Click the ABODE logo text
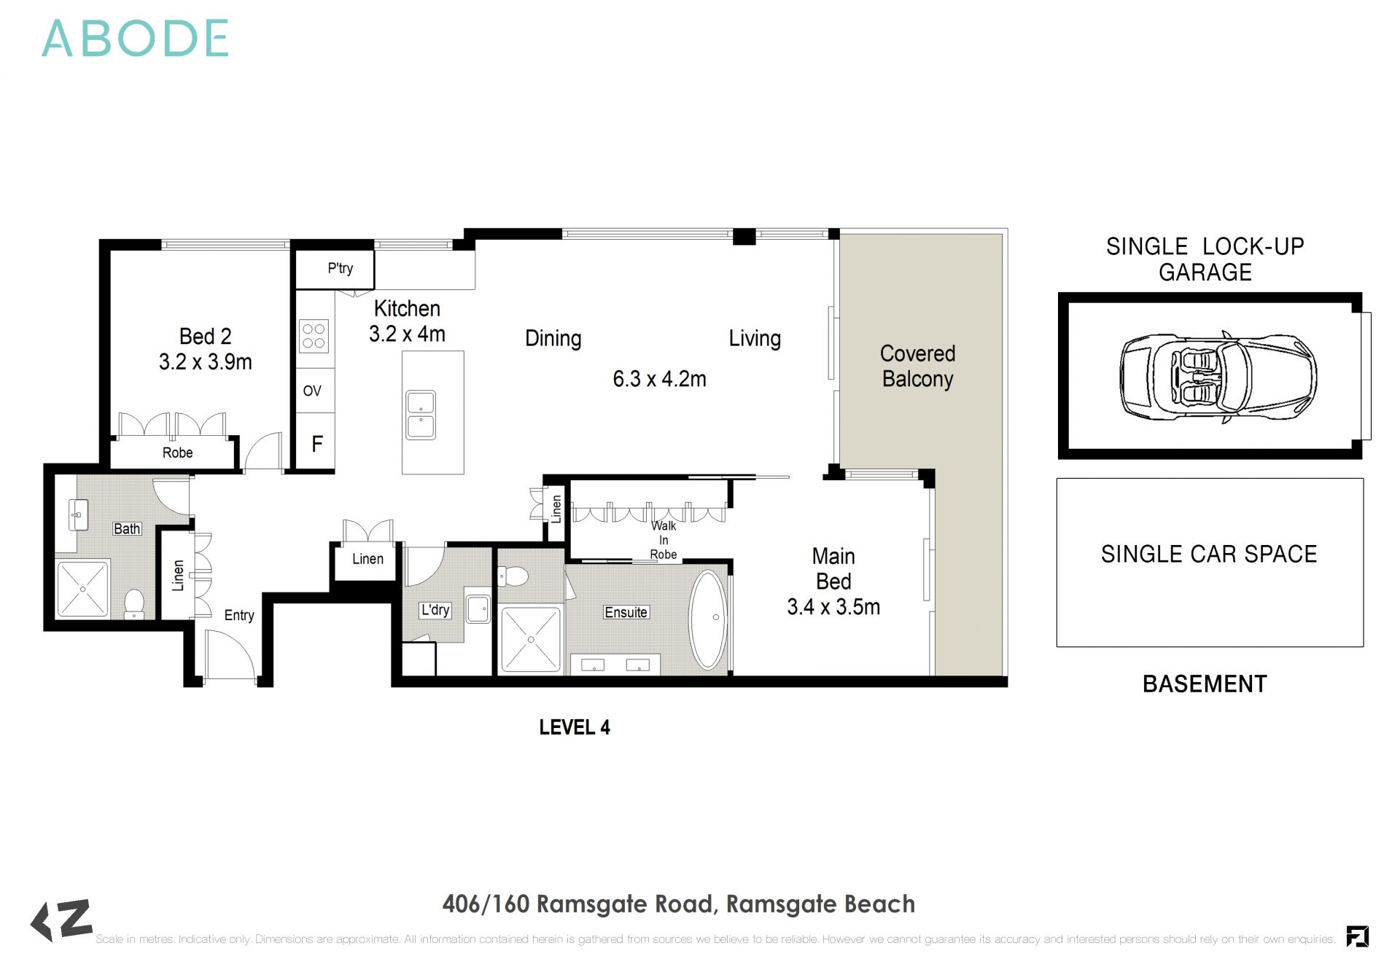tap(136, 39)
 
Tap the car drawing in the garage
tap(1218, 376)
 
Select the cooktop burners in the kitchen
tap(314, 336)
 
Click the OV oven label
tap(312, 391)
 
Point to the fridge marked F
tap(316, 444)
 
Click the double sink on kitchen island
tap(421, 415)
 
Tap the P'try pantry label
tap(340, 268)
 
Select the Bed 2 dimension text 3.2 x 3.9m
tap(205, 362)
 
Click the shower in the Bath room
tap(83, 588)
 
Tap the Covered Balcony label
tap(917, 366)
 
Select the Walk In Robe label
tap(663, 540)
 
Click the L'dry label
tap(435, 609)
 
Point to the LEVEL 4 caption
tap(574, 727)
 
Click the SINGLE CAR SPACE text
tap(1208, 555)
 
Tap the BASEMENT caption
tap(1204, 684)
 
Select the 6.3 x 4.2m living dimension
tap(659, 379)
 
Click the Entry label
tap(238, 615)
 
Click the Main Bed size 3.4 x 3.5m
tap(833, 607)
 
